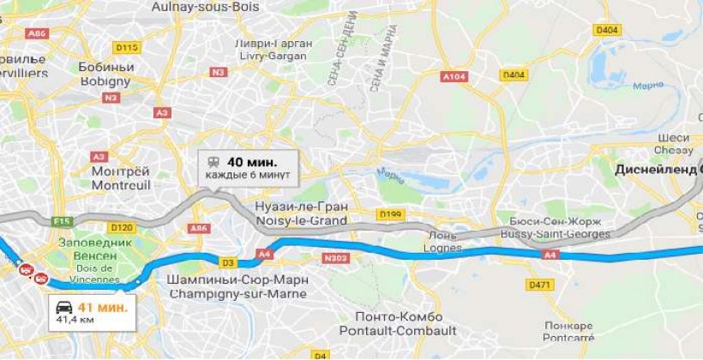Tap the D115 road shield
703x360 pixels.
tap(127, 47)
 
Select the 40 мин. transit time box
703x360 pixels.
tap(249, 167)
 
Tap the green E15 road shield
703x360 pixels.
tap(63, 221)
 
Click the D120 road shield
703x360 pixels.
tap(123, 227)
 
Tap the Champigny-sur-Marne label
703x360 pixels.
tap(239, 286)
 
